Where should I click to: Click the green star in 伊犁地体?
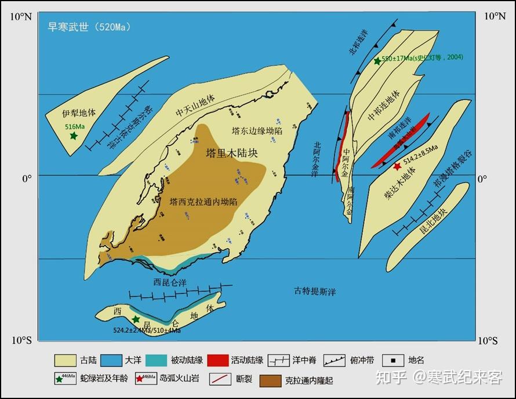[x=74, y=136]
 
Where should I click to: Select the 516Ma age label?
[x=75, y=126]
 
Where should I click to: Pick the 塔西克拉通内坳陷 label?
[x=204, y=202]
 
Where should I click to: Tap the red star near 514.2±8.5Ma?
[x=397, y=166]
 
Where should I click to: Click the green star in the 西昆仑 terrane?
[x=136, y=320]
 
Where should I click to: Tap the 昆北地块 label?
[x=434, y=224]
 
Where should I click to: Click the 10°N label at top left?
[x=21, y=16]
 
